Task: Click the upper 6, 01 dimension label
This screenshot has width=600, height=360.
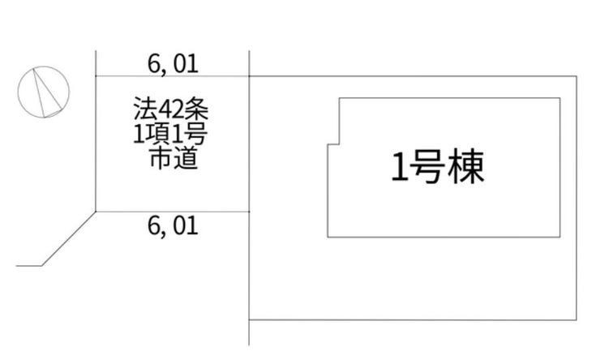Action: pyautogui.click(x=173, y=64)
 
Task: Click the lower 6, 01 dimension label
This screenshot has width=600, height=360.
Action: pyautogui.click(x=173, y=225)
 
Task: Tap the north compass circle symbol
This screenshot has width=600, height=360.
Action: pyautogui.click(x=44, y=92)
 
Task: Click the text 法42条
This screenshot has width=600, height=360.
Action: pyautogui.click(x=171, y=109)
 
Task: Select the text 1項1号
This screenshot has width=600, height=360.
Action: pyautogui.click(x=170, y=133)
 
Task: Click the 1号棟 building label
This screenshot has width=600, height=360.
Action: pyautogui.click(x=438, y=166)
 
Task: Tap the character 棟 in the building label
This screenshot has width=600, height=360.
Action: pyautogui.click(x=466, y=166)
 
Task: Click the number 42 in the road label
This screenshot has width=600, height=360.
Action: pyautogui.click(x=170, y=109)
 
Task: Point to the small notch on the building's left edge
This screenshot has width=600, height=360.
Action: pyautogui.click(x=333, y=144)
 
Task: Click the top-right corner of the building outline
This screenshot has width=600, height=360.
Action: pyautogui.click(x=560, y=98)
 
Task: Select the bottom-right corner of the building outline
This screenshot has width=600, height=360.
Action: pyautogui.click(x=560, y=238)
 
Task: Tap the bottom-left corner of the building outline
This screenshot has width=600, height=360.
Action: pyautogui.click(x=328, y=238)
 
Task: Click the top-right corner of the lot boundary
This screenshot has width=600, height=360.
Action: pyautogui.click(x=576, y=76)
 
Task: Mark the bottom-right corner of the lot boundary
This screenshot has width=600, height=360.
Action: pyautogui.click(x=576, y=319)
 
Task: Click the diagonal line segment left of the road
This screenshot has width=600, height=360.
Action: pyautogui.click(x=68, y=238)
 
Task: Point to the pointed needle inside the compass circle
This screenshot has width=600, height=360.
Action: pyautogui.click(x=46, y=93)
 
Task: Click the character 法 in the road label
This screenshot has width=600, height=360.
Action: pyautogui.click(x=145, y=109)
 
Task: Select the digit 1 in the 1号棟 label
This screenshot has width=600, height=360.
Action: pyautogui.click(x=400, y=167)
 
